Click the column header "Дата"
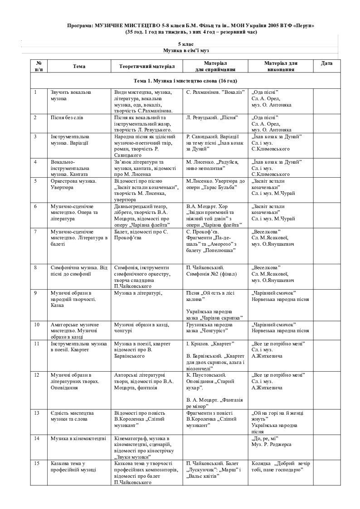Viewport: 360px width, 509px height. click(x=326, y=63)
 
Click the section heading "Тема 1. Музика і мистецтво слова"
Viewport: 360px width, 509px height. click(x=185, y=81)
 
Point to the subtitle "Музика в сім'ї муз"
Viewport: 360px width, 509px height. click(x=186, y=50)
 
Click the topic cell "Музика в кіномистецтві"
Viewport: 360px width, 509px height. click(x=78, y=438)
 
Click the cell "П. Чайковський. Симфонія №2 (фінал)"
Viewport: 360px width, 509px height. click(x=209, y=270)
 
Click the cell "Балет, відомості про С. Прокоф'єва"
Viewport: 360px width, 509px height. click(x=141, y=235)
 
